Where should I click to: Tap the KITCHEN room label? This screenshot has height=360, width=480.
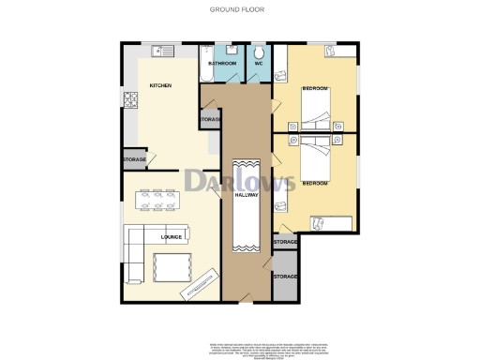(x=160, y=86)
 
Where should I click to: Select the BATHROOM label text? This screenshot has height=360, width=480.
(x=221, y=62)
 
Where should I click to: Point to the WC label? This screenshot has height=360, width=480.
(x=258, y=62)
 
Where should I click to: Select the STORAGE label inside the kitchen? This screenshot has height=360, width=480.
(x=133, y=161)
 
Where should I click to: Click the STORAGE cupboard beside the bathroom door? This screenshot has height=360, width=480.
(x=210, y=120)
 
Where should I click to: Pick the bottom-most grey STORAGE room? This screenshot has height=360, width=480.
(x=285, y=279)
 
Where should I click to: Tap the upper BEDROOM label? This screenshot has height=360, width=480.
(x=316, y=88)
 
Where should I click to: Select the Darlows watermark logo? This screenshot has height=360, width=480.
(x=239, y=180)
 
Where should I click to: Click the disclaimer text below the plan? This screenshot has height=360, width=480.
(x=240, y=348)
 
